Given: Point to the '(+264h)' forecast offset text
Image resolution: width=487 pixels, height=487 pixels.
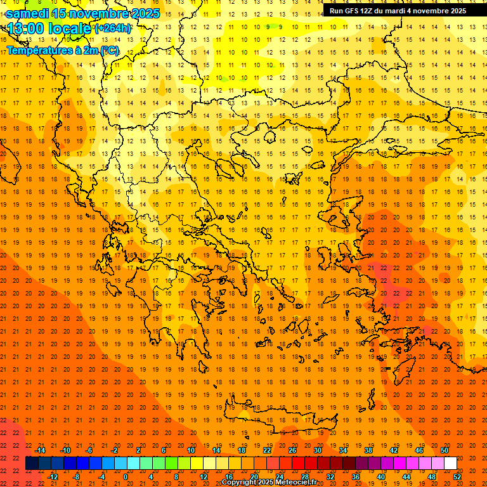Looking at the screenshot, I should [x=113, y=28].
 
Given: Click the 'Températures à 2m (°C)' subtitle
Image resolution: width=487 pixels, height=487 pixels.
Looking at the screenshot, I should [x=62, y=50].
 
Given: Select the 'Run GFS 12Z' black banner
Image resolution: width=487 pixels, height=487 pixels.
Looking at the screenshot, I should [x=397, y=10].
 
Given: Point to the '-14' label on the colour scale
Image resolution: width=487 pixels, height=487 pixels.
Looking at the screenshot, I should [x=39, y=450].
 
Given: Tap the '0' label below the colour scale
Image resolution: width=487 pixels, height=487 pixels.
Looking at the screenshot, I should [x=125, y=477].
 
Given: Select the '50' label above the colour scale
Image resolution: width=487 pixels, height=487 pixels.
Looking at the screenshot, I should [x=444, y=450].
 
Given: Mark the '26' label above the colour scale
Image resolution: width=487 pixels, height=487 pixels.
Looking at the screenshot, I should [x=292, y=450].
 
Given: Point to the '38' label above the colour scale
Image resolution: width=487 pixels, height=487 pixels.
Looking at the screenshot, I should [x=368, y=450].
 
